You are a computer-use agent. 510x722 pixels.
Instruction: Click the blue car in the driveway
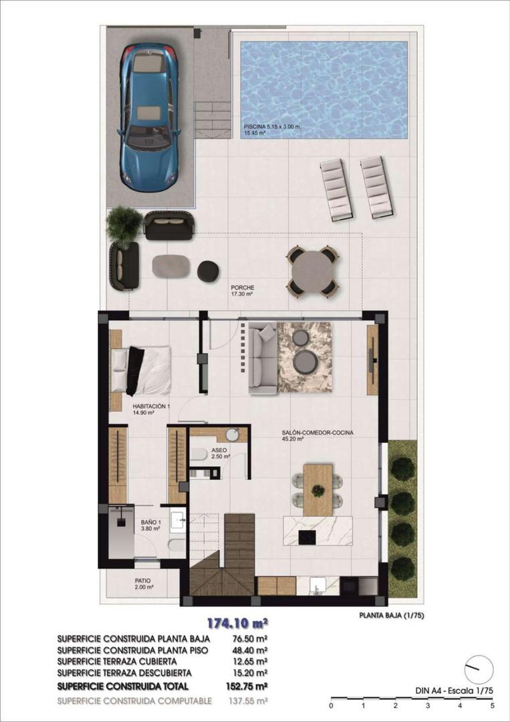(148, 118)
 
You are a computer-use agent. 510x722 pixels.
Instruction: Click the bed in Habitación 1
(142, 370)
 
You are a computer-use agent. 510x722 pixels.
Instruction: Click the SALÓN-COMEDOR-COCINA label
(317, 433)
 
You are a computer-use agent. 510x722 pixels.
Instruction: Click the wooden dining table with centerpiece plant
(317, 490)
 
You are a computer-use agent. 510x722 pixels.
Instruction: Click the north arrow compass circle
(479, 669)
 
